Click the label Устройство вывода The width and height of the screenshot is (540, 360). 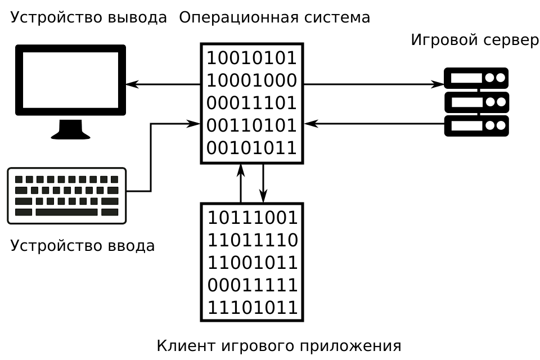[88, 17]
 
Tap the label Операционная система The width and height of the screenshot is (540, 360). [274, 17]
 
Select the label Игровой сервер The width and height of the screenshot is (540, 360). [475, 40]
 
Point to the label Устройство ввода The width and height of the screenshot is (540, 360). [82, 246]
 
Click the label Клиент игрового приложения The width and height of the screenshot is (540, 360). [278, 345]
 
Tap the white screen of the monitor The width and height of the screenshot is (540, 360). [70, 80]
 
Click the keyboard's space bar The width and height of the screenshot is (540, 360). [66, 212]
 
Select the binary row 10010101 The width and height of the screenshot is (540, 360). [251, 58]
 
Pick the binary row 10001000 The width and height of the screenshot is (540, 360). [251, 80]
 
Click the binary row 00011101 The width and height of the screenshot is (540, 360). [251, 103]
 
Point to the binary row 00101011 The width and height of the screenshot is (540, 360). [251, 148]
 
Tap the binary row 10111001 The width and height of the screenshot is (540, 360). [253, 218]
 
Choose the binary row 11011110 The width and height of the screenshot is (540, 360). [253, 240]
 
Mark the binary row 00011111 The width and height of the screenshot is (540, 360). [253, 285]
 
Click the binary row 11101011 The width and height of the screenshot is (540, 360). [253, 308]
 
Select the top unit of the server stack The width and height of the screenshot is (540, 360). [476, 78]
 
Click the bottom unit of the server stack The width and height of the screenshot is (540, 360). [476, 126]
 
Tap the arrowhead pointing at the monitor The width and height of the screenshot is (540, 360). [132, 85]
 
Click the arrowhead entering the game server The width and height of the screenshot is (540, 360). [438, 85]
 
